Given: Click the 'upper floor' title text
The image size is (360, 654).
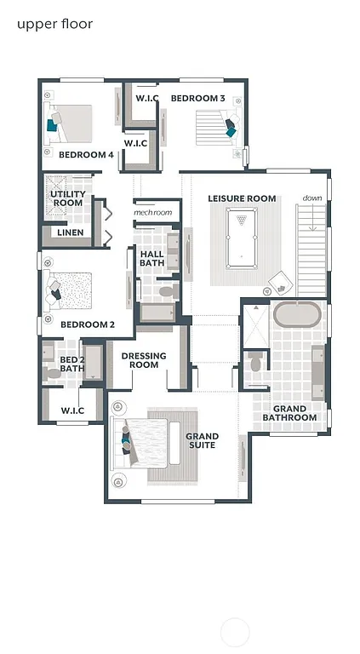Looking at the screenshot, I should [54, 24].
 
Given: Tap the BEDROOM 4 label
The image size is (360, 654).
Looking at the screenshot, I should [86, 154].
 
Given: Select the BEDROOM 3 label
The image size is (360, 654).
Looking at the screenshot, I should [197, 99].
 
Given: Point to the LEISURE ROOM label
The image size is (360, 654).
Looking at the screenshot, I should [243, 198].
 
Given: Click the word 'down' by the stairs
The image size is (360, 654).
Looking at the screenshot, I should [312, 198].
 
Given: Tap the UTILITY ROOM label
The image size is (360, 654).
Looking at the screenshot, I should [68, 198].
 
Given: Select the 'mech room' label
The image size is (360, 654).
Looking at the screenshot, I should [153, 212].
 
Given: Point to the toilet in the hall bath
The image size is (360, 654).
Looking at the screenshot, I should [167, 291].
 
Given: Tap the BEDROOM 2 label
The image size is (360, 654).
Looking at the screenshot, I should [87, 324].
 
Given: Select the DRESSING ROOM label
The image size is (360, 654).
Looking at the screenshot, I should [144, 360].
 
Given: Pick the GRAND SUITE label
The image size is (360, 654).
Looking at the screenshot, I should [202, 441].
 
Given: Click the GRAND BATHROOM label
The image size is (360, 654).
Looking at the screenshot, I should [289, 413].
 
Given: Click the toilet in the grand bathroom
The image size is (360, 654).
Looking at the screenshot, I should [255, 363].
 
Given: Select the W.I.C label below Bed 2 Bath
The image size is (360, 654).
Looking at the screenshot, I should [72, 410].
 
